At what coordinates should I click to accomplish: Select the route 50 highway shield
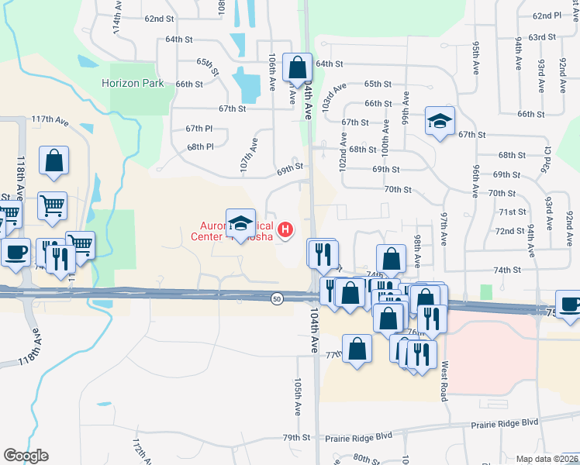click(x=277, y=298)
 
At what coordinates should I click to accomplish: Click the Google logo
click(x=26, y=456)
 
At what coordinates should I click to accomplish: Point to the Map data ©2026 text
click(x=547, y=459)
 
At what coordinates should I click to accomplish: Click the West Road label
click(x=444, y=380)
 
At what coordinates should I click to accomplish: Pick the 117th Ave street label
click(x=50, y=120)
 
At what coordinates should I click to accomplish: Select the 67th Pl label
click(x=199, y=128)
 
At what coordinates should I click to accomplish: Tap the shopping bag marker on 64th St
click(x=297, y=68)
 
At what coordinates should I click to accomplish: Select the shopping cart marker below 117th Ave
click(x=53, y=205)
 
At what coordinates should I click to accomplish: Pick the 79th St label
click(x=296, y=438)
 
